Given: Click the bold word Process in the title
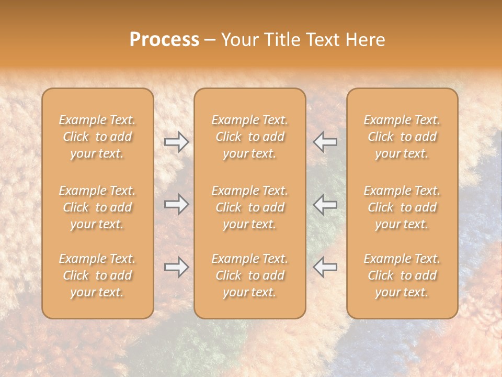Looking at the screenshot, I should [164, 40].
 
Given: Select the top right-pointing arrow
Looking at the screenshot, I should [176, 141].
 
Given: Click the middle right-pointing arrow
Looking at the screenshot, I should [176, 204].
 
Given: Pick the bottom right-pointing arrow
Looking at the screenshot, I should [176, 267].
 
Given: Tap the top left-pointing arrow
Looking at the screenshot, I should [325, 141].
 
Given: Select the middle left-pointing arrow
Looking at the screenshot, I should [325, 204].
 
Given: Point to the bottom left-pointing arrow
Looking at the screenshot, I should [325, 267].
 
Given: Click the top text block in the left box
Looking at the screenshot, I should [97, 137].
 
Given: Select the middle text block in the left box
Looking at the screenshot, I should [97, 207].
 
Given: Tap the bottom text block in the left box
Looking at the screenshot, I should [97, 275].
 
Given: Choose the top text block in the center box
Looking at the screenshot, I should [250, 137].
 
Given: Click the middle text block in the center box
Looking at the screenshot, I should [250, 207].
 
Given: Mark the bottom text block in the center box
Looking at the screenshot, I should [250, 275].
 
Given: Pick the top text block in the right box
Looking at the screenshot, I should [402, 137].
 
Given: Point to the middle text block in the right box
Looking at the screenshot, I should [402, 207].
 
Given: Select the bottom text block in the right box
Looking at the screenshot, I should [402, 275].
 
